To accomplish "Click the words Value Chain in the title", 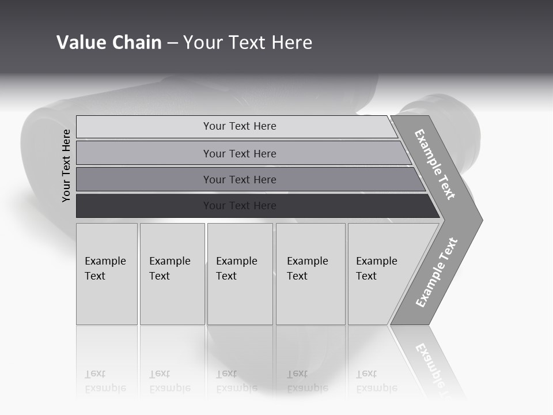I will click(x=109, y=43).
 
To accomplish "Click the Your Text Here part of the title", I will click(x=248, y=43).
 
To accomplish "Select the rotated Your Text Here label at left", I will click(x=66, y=165).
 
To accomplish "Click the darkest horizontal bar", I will click(x=144, y=206).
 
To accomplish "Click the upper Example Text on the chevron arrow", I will click(x=435, y=164).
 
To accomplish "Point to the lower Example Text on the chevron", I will click(x=436, y=273).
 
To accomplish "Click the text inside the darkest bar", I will click(x=240, y=206).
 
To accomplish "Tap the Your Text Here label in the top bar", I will click(x=240, y=126).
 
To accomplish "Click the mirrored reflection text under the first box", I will click(x=105, y=381).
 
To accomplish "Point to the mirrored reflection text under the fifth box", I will click(x=376, y=381).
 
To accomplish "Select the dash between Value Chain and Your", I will click(x=172, y=43).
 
